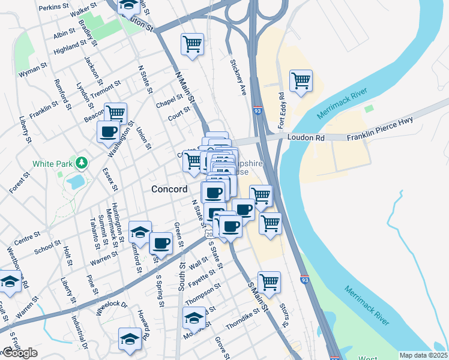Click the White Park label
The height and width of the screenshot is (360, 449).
point(52,163)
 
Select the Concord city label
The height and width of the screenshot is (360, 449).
point(169,188)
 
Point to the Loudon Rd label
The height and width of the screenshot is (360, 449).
point(306,137)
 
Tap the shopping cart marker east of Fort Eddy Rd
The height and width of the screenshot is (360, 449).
point(301,80)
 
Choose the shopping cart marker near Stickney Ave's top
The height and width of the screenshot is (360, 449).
point(192,44)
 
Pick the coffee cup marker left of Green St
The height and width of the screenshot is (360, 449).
point(160,243)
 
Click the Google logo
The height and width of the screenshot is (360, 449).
point(20,353)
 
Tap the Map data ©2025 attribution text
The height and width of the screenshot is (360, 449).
point(423,355)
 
